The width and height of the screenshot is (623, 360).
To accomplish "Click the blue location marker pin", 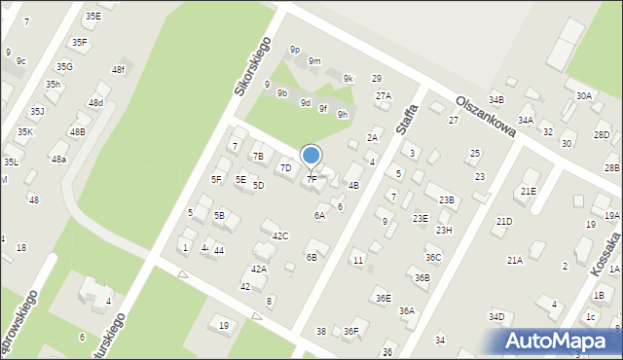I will click(311, 156).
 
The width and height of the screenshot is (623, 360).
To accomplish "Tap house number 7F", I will click(311, 179).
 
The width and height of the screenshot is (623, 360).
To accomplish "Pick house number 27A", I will click(384, 95).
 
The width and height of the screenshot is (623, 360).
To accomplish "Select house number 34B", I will click(496, 100).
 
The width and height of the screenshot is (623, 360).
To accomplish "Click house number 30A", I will click(583, 95).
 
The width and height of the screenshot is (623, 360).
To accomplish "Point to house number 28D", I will click(602, 134).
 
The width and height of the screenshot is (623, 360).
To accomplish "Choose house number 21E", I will click(528, 191).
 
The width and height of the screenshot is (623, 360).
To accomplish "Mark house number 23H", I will click(444, 231).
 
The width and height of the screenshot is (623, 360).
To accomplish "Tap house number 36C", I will click(433, 257).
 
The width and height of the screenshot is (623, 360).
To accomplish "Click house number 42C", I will click(280, 235).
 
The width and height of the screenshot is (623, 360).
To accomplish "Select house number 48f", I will click(118, 70).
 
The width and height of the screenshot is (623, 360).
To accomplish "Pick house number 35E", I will click(92, 16).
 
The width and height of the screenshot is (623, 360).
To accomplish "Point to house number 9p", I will click(294, 49).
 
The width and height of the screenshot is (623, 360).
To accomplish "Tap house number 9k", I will click(348, 78).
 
